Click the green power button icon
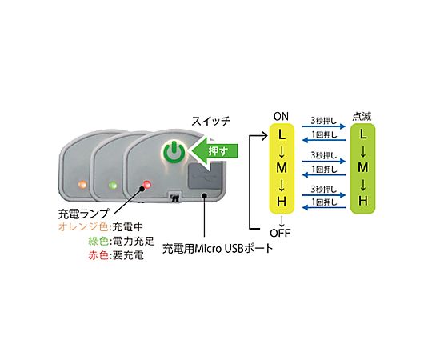(174, 152)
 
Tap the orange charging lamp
(82, 184)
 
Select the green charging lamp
(113, 185)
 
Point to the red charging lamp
(147, 184)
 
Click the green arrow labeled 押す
(214, 151)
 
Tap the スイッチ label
(210, 121)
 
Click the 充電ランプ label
(84, 214)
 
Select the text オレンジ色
(83, 227)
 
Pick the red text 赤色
(98, 255)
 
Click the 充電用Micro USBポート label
(218, 249)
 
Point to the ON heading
(281, 117)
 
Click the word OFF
(280, 234)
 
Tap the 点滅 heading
(362, 117)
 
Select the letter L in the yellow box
(282, 134)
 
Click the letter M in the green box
(363, 167)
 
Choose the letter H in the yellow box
(282, 202)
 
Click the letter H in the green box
(363, 201)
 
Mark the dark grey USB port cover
(205, 176)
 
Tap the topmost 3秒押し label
(324, 121)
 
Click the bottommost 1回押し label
(324, 202)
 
